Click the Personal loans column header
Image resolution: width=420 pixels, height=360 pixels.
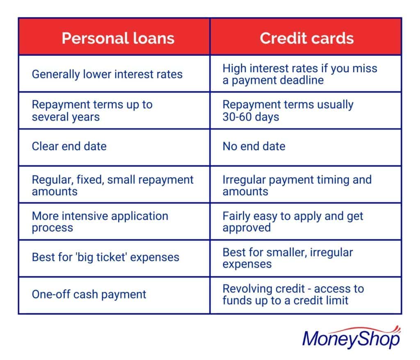pos(118,38)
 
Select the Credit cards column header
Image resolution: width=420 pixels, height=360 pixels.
pos(306,38)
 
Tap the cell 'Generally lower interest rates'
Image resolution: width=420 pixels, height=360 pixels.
pos(107,74)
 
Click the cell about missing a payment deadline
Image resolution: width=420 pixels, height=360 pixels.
pos(300,74)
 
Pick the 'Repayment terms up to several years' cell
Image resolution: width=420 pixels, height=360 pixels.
pos(92,111)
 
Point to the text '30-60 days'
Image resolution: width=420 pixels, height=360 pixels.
pos(251,117)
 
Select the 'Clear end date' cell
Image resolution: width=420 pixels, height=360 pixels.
pos(69,146)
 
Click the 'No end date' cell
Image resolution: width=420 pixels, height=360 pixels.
pos(254,146)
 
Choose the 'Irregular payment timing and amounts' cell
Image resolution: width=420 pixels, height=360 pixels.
pos(297,185)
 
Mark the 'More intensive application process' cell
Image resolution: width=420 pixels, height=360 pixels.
pos(100,222)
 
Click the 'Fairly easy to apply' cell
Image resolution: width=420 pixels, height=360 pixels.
pos(293,222)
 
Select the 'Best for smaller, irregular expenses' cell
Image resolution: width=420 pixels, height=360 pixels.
pos(288,258)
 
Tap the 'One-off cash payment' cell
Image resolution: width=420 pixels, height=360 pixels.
pos(89,294)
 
